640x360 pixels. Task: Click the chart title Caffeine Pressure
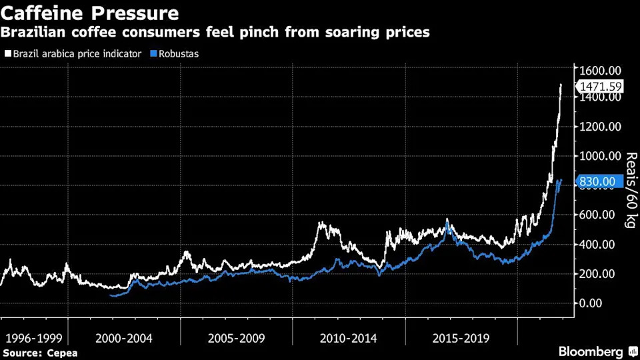90,13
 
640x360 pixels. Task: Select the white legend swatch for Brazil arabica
8,53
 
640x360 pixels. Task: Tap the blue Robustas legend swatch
153,53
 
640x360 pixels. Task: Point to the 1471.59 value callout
600,87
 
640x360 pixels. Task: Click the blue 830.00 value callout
599,181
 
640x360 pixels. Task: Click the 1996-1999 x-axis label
34,339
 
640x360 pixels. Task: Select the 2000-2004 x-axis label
124,339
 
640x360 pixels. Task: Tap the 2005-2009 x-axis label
236,339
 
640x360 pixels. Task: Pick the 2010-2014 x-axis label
349,339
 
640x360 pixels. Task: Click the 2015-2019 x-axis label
461,339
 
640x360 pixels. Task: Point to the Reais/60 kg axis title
631,190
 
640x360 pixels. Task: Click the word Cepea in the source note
62,353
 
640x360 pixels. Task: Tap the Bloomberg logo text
591,351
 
